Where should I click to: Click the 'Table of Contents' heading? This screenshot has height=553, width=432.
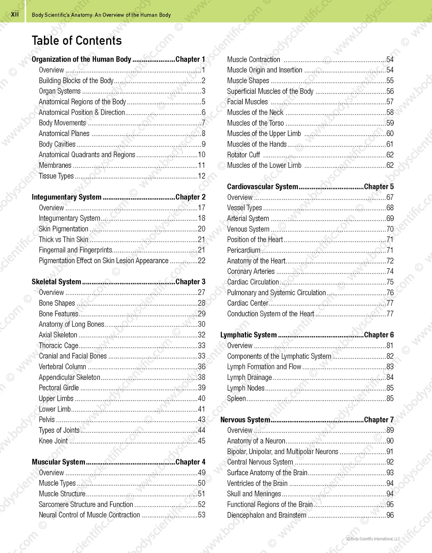[x=77, y=41]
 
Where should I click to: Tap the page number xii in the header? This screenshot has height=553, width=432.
[x=15, y=14]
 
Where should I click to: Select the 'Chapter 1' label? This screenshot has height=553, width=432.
[x=190, y=59]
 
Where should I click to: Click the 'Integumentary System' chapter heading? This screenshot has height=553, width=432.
[x=66, y=197]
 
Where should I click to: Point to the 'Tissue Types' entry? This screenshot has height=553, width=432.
[x=56, y=176]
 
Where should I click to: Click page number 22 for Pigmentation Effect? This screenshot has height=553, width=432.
[x=202, y=260]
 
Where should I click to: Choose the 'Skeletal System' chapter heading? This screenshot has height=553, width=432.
[x=56, y=282]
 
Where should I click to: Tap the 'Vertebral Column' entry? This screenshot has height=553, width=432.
[x=62, y=367]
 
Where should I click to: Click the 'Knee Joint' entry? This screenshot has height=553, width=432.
[x=53, y=441]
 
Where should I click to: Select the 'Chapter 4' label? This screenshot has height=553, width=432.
[x=190, y=462]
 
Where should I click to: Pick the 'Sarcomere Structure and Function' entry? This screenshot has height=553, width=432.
[x=86, y=505]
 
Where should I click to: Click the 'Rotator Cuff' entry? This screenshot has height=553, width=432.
[x=243, y=155]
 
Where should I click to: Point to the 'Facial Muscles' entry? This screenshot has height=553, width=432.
[x=247, y=102]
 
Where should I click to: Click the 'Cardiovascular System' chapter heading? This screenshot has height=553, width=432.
[x=262, y=187]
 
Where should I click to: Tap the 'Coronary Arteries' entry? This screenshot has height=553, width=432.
[x=251, y=271]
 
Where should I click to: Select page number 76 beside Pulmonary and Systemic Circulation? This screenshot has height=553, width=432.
[x=390, y=293]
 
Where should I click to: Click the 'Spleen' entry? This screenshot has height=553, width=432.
[x=236, y=398]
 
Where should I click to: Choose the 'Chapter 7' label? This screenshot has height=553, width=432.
[x=379, y=420]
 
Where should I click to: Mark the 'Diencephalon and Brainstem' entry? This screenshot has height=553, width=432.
[x=267, y=515]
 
